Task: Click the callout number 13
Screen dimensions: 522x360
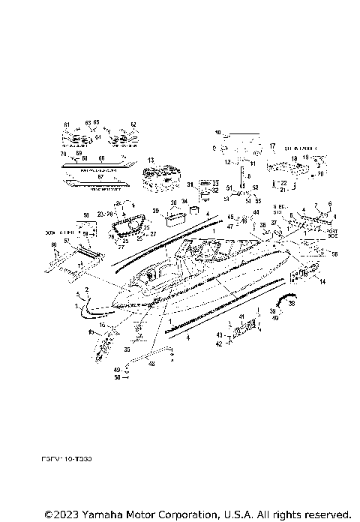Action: [x=151, y=160]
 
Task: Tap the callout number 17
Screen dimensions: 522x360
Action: [x=273, y=146]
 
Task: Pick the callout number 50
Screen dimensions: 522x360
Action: [x=116, y=377]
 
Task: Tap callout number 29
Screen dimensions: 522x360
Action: [x=156, y=211]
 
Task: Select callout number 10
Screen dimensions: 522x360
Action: [x=218, y=132]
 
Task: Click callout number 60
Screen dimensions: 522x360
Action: [x=54, y=245]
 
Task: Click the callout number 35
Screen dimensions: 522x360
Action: [x=125, y=349]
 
